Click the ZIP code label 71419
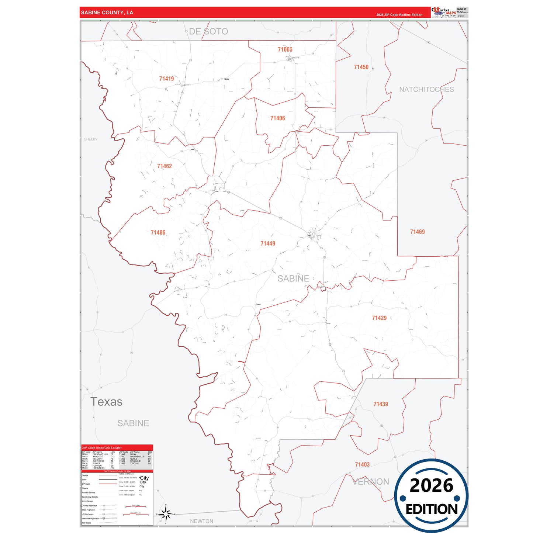point(166,79)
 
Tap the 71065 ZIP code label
point(285,49)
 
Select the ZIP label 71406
point(277,118)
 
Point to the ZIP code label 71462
point(164,166)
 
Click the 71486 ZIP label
point(158,232)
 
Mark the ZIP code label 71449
point(267,243)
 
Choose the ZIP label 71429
point(379,318)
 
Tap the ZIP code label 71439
point(380,404)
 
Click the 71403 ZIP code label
point(362,464)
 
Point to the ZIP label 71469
point(417,232)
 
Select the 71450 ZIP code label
point(361,67)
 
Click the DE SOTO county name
point(208,32)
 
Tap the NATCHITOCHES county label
point(426,89)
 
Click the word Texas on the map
point(106,402)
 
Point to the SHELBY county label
point(91,139)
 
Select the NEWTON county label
point(201,521)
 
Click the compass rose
point(166,514)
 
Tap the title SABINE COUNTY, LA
point(107,13)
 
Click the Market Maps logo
point(444,12)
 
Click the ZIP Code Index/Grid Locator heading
point(102,448)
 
